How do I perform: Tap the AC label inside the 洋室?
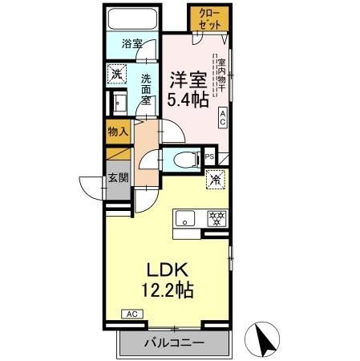pos(224,118)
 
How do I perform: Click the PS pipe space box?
pos(209,157)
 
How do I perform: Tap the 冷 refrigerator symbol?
pos(214,181)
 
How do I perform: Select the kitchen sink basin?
pos(184,217)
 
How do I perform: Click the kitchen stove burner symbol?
pos(216,217)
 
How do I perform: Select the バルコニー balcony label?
pos(174,343)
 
